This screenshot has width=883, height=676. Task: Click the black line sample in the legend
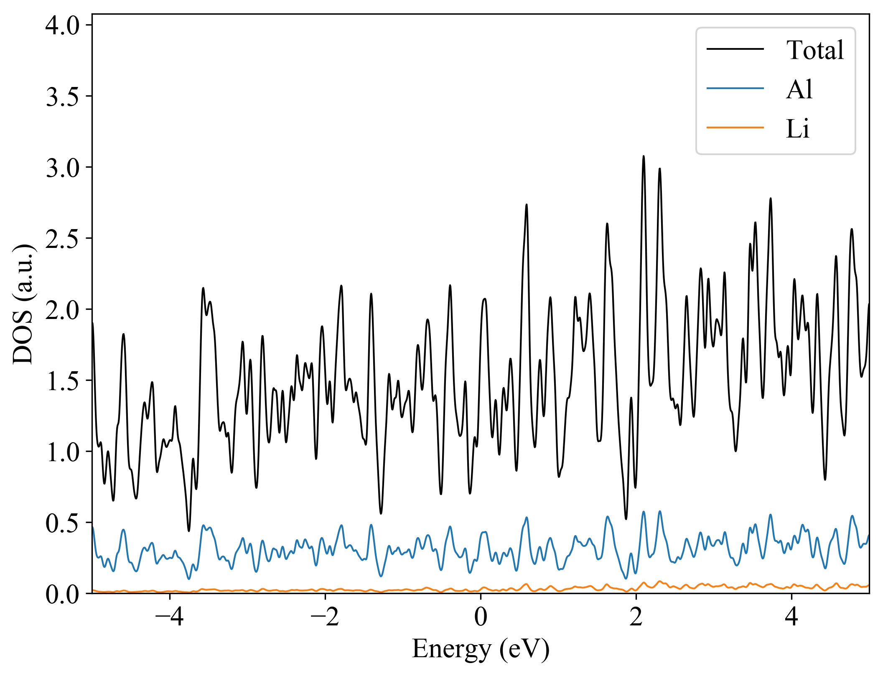[x=735, y=49]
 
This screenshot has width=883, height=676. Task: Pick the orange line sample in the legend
[x=735, y=127]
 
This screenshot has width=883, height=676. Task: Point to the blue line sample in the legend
[x=735, y=88]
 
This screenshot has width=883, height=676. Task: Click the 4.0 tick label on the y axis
[x=62, y=26]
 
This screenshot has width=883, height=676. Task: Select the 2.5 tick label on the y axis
[x=62, y=239]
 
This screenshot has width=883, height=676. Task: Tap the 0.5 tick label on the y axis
[x=62, y=523]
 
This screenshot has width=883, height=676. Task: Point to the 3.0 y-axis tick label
[x=62, y=168]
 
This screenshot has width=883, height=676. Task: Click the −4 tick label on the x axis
[x=169, y=617]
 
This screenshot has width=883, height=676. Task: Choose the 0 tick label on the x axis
[x=481, y=617]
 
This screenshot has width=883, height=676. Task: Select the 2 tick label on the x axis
[x=636, y=617]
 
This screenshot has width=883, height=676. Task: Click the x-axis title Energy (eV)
[x=481, y=649]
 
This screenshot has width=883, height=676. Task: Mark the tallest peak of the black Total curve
[x=644, y=156]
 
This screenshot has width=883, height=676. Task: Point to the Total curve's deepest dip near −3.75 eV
[x=189, y=531]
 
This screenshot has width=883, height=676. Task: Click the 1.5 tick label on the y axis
[x=62, y=381]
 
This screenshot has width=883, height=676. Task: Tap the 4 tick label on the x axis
[x=791, y=617]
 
